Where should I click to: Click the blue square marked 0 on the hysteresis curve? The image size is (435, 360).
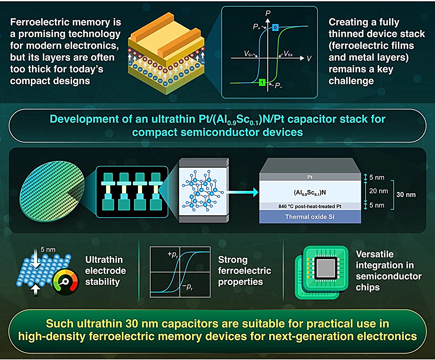pos(275,27)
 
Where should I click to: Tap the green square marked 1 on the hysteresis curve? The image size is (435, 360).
pos(262,82)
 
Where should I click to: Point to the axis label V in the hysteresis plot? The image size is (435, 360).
pos(309,59)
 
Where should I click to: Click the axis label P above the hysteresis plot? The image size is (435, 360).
pos(268,13)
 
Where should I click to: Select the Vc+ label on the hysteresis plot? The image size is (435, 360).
pos(288,54)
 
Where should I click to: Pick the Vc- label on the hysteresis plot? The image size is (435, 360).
pos(249,54)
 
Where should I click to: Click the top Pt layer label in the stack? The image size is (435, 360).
pos(310,177)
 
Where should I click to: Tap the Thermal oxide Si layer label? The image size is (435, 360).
pos(310,217)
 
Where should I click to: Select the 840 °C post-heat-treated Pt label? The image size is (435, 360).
pos(310,206)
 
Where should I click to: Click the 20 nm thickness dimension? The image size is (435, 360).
pos(379,191)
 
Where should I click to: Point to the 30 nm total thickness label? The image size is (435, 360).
pos(406,195)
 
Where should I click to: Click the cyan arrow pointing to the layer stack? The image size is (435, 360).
pos(243,192)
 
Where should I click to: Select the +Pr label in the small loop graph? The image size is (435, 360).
pos(173,254)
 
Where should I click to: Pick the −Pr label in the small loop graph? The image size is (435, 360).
pos(187,287)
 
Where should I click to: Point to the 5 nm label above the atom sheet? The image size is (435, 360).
pos(48,250)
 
